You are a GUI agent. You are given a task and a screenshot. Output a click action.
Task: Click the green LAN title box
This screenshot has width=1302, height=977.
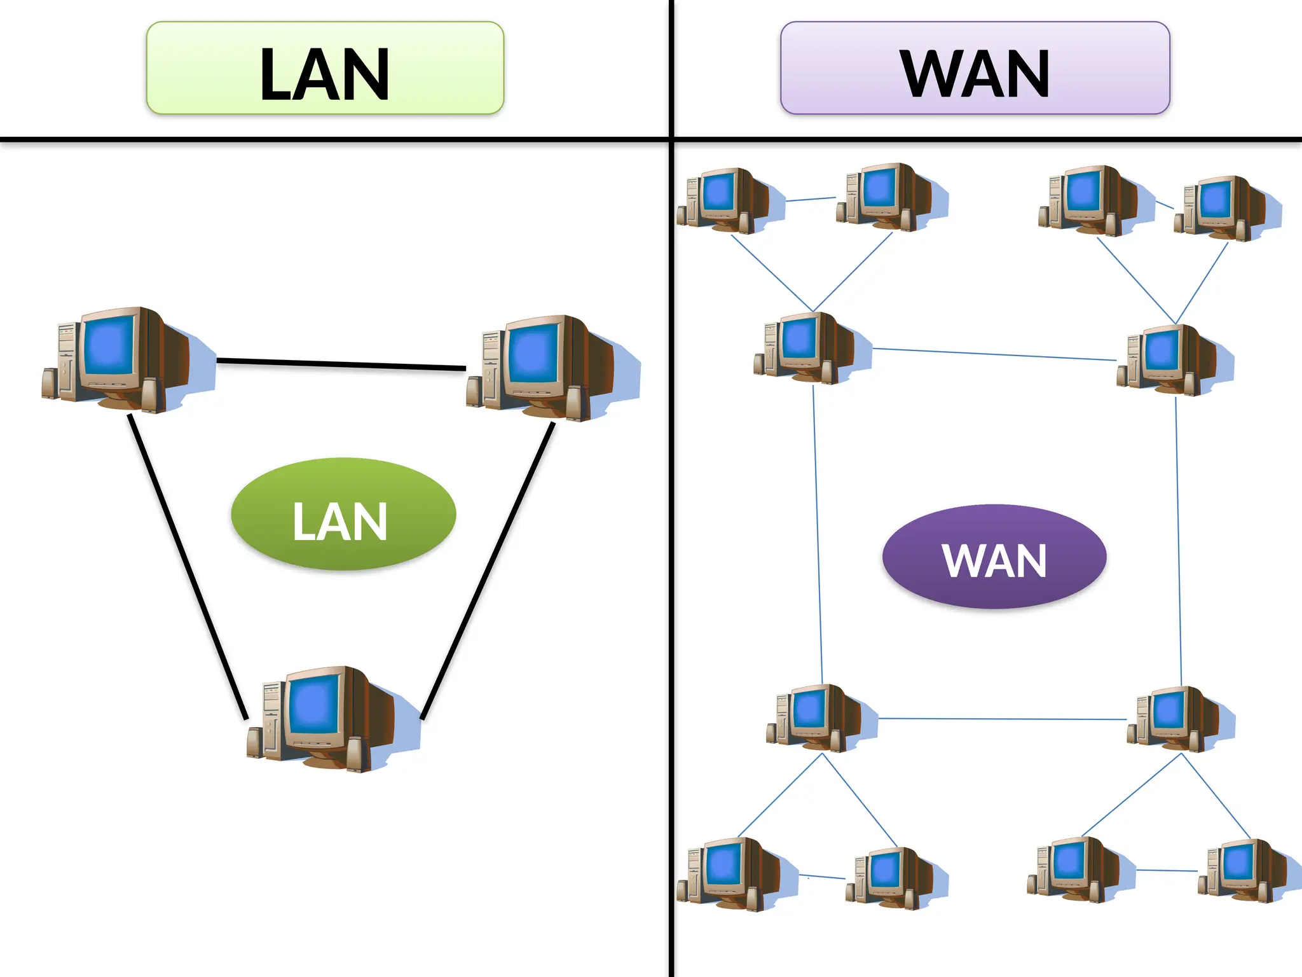pyautogui.click(x=325, y=68)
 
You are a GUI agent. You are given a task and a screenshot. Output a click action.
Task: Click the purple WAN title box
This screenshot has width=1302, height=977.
pyautogui.click(x=975, y=68)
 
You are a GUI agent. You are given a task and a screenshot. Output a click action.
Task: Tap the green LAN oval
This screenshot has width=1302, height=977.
pyautogui.click(x=343, y=514)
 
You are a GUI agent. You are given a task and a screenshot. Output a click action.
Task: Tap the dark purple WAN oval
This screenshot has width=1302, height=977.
pyautogui.click(x=994, y=557)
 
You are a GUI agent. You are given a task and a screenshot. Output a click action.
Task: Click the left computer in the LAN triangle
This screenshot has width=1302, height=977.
pyautogui.click(x=121, y=359)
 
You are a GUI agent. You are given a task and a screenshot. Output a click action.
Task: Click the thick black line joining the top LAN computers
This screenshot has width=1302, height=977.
pyautogui.click(x=341, y=364)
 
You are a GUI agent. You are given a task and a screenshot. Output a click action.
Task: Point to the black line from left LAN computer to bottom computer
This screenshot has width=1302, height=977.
pyautogui.click(x=188, y=566)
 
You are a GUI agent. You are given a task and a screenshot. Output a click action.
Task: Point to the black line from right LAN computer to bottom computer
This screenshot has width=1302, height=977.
pyautogui.click(x=488, y=569)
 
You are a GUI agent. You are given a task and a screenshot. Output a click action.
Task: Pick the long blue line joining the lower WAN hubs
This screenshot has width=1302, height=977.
pyautogui.click(x=1003, y=719)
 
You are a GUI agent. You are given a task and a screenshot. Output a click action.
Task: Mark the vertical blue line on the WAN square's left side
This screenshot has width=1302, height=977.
pyautogui.click(x=818, y=534)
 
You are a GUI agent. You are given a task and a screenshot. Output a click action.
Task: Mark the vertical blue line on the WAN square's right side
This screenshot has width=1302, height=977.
pyautogui.click(x=1178, y=541)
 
